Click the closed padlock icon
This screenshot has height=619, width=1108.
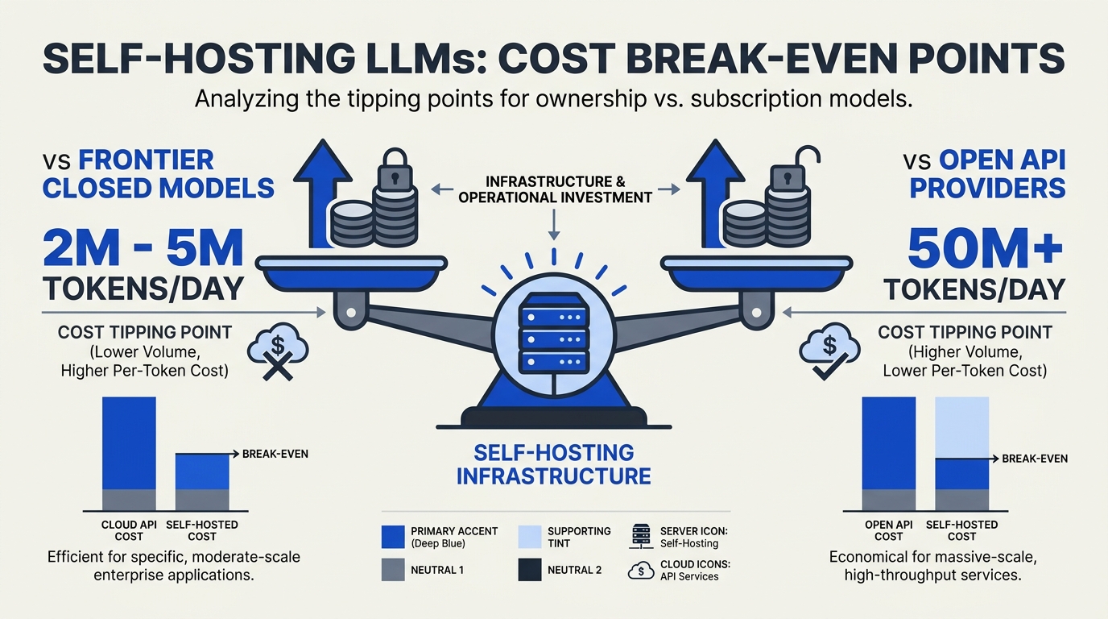click(395, 170)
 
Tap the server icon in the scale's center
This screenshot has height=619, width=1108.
click(553, 333)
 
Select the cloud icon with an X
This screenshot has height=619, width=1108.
click(278, 351)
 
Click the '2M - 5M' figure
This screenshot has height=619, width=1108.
click(143, 248)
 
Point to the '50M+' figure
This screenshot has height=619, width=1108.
click(986, 248)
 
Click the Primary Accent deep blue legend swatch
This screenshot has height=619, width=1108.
click(393, 537)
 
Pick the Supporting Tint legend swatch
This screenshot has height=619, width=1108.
click(529, 537)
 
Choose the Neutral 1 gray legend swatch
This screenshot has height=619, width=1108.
click(393, 570)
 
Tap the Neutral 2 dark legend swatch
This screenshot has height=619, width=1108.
click(529, 570)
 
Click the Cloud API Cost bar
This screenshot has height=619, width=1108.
click(129, 453)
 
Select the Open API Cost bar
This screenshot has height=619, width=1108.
click(889, 453)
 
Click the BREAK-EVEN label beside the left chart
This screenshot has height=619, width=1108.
click(275, 454)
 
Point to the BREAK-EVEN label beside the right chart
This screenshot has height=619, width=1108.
click(1035, 459)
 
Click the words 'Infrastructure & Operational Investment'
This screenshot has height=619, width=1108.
click(555, 189)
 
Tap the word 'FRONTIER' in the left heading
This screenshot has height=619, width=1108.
click(146, 160)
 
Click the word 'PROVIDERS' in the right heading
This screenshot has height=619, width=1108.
click(987, 189)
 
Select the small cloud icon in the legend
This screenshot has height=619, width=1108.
click(641, 571)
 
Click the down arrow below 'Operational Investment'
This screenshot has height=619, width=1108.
click(554, 225)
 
